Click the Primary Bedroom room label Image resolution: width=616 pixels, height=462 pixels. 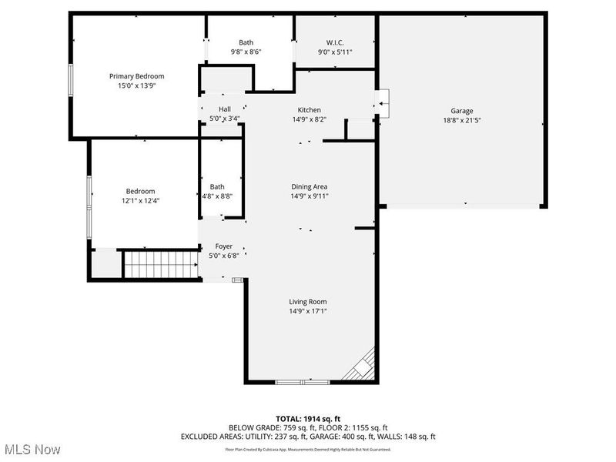pyautogui.click(x=136, y=76)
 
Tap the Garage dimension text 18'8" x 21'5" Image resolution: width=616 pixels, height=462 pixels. pyautogui.click(x=462, y=120)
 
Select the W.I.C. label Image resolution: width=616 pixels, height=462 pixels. pyautogui.click(x=334, y=42)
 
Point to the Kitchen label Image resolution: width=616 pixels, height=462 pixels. pyautogui.click(x=309, y=110)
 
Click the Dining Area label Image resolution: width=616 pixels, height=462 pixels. pyautogui.click(x=309, y=186)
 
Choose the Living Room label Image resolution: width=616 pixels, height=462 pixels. pyautogui.click(x=308, y=302)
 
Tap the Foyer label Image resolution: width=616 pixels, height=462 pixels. pyautogui.click(x=223, y=246)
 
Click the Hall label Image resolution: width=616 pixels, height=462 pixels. pyautogui.click(x=224, y=109)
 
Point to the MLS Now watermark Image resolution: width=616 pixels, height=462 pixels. pyautogui.click(x=32, y=448)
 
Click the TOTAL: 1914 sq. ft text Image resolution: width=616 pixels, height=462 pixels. pyautogui.click(x=308, y=418)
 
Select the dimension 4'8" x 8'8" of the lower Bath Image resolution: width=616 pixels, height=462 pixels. pyautogui.click(x=217, y=196)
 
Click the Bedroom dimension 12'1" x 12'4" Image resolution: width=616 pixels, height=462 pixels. pyautogui.click(x=141, y=200)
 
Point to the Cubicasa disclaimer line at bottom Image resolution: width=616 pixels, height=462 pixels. pyautogui.click(x=308, y=449)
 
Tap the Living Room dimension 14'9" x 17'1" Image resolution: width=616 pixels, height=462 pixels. pyautogui.click(x=308, y=311)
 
